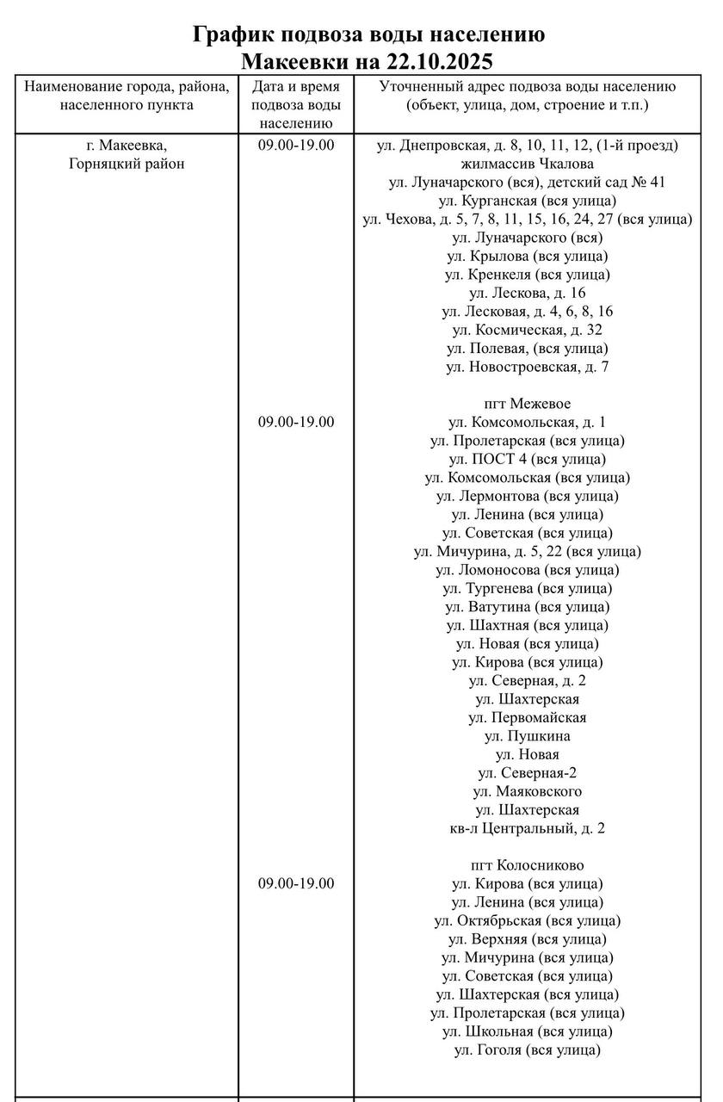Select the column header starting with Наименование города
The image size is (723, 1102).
[127, 96]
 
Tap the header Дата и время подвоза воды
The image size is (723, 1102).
[295, 105]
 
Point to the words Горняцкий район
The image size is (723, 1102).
[127, 164]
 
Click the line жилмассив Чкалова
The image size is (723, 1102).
[527, 164]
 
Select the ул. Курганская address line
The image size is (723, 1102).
[527, 201]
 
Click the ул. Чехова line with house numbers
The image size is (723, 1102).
[527, 219]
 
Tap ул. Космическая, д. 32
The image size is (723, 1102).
[527, 330]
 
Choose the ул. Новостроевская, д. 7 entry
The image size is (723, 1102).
[527, 367]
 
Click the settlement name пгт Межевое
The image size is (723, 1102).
[527, 404]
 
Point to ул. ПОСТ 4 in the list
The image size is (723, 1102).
[527, 459]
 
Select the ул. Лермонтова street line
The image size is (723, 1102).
[527, 496]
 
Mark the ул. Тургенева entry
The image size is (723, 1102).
[527, 588]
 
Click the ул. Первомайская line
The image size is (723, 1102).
[527, 717]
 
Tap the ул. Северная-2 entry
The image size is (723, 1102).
[527, 773]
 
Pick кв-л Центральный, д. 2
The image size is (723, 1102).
[527, 828]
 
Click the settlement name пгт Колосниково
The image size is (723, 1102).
[527, 865]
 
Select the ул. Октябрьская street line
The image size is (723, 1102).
[527, 920]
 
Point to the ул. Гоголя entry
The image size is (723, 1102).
[527, 1049]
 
